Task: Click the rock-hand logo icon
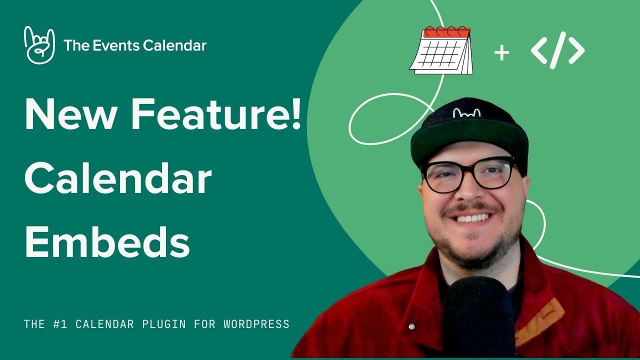pyautogui.click(x=39, y=45)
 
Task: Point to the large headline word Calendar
pyautogui.click(x=118, y=179)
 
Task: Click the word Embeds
pyautogui.click(x=107, y=243)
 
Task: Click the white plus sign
pyautogui.click(x=501, y=53)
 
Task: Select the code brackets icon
pyautogui.click(x=557, y=50)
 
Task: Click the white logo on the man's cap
pyautogui.click(x=466, y=113)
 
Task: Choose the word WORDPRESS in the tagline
pyautogui.click(x=256, y=324)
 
